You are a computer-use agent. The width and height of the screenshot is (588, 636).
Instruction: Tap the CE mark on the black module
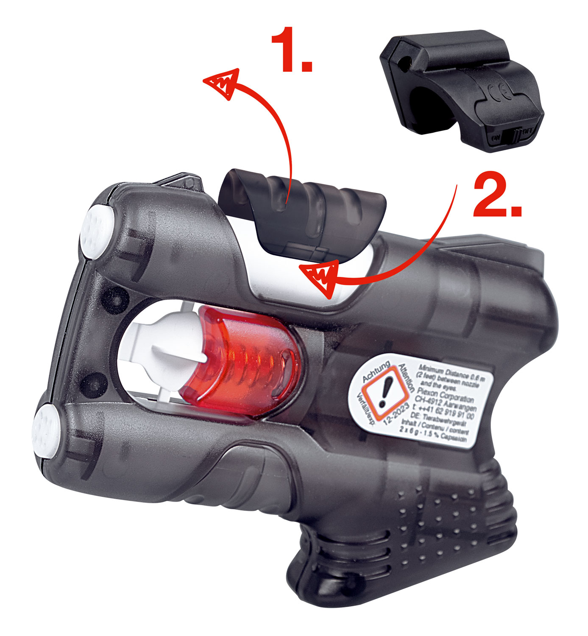[x=499, y=91]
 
